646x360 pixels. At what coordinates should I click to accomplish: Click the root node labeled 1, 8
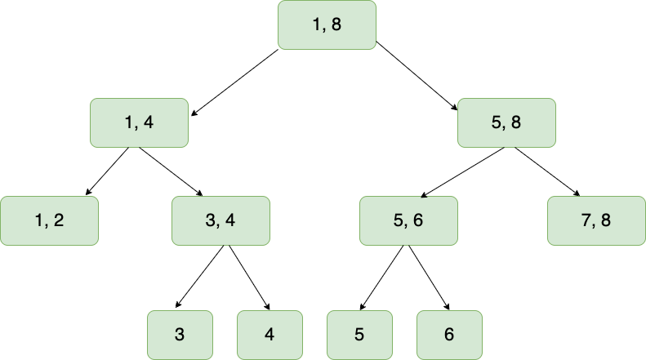[x=327, y=24]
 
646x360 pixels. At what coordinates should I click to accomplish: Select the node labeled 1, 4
[x=139, y=122]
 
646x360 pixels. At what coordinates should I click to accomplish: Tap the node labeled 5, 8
[x=506, y=122]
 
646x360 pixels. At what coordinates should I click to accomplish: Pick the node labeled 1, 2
[x=49, y=220]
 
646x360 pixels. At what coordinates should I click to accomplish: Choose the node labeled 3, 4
[x=221, y=220]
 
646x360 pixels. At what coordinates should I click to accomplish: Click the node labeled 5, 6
[x=408, y=220]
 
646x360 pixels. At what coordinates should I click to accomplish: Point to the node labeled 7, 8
[x=596, y=220]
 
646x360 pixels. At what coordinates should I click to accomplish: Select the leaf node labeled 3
[x=180, y=335]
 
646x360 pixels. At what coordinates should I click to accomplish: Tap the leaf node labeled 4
[x=270, y=335]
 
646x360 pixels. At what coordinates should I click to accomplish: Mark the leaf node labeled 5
[x=359, y=335]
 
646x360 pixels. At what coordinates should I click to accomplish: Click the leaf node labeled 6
[x=449, y=335]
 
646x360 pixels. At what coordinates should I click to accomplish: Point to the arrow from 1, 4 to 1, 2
[x=108, y=171]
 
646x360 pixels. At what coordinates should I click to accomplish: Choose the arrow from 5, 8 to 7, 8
[x=546, y=171]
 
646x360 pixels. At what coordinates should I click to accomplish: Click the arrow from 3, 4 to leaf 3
[x=198, y=278]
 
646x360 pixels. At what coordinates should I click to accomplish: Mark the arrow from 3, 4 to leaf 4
[x=249, y=278]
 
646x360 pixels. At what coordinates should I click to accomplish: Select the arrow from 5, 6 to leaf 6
[x=429, y=278]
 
